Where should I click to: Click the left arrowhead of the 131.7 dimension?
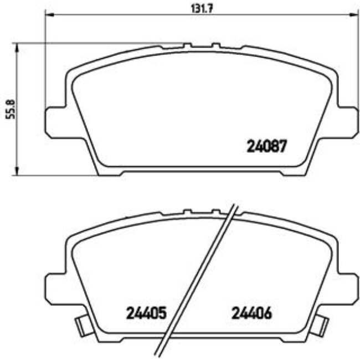click(48, 17)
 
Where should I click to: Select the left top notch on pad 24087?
click(187, 45)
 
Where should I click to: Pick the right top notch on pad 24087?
click(215, 45)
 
